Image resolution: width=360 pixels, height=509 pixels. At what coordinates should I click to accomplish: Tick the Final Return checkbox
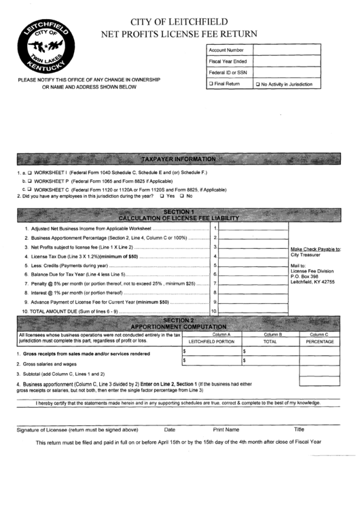click(x=211, y=84)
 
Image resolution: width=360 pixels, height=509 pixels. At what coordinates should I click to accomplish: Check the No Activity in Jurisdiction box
click(x=258, y=84)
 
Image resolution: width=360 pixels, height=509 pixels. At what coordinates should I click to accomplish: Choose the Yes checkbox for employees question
click(x=161, y=196)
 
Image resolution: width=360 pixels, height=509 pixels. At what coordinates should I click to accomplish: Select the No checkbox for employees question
click(x=181, y=196)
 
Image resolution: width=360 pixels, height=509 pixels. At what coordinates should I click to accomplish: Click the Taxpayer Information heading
click(x=178, y=159)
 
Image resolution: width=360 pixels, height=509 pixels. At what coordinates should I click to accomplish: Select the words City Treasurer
click(x=305, y=256)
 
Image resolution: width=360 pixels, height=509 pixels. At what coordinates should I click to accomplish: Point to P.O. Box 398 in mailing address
click(x=305, y=277)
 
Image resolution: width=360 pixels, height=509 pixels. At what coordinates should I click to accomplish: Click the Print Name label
click(x=226, y=429)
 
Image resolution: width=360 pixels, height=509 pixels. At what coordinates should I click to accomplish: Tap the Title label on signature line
click(x=299, y=429)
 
